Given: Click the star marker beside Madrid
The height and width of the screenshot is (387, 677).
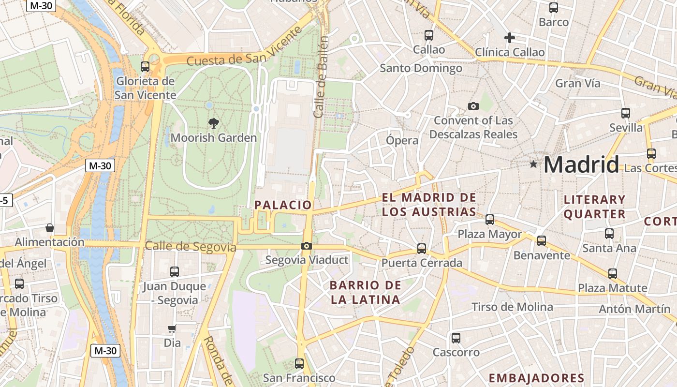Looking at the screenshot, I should point(533,164).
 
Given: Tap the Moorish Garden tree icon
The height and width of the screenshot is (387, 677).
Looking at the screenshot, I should point(213,123).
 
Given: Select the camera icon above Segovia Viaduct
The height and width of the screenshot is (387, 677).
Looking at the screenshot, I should point(306,246).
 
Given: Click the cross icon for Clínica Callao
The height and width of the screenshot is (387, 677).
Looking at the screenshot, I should point(509,38).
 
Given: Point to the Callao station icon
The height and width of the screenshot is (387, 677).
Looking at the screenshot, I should point(428,35).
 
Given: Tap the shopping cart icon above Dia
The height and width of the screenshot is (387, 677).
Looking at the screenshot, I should point(172,329).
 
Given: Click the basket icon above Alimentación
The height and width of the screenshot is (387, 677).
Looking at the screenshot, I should point(49,227).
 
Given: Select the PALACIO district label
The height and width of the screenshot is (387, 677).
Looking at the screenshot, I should point(283,205).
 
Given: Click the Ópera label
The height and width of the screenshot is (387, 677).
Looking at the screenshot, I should point(402,141).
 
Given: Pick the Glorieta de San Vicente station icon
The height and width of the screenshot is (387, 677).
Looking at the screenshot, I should point(145,67).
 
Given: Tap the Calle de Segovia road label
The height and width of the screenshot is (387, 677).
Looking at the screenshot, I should point(191,247).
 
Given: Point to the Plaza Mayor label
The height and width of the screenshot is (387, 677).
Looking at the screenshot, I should point(490,235).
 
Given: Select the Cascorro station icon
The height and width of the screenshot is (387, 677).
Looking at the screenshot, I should point(456,338).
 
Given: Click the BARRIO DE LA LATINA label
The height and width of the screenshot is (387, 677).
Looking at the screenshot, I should point(365,292).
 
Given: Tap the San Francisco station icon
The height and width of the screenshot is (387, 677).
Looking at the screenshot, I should point(299,363).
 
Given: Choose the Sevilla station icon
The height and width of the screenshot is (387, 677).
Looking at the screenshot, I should point(625,113).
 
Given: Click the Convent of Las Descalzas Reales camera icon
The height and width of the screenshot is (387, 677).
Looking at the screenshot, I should point(473,106).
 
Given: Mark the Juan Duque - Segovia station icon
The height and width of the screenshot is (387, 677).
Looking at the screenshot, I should point(174,272).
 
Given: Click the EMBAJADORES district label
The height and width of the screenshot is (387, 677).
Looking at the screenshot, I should point(536,378).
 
